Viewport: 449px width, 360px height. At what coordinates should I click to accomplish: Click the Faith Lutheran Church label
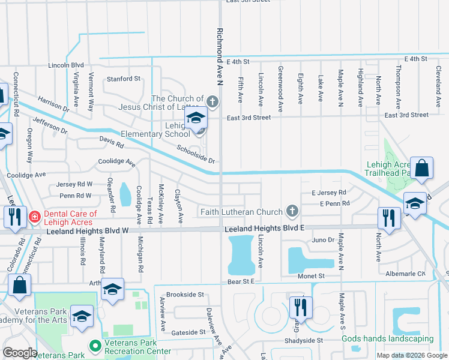pos(241,212)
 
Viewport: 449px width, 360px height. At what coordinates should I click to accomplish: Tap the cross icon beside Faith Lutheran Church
pos(292,211)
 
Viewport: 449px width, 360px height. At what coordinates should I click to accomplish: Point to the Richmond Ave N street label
pos(220,50)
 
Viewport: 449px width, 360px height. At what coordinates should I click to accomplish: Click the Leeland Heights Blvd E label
pos(265,229)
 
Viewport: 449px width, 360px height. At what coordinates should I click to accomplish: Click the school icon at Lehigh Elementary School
pos(196,119)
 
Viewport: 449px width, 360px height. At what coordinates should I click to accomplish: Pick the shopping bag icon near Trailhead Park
pos(422,169)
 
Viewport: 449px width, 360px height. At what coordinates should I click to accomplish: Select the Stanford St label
pos(123,79)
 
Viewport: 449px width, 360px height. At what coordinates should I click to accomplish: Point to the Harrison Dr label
pos(53,104)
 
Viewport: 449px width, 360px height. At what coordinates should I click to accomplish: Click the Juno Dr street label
pos(323,240)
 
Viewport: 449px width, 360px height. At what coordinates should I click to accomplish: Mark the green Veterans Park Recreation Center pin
pos(94,346)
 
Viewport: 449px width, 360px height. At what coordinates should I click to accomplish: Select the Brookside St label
pos(185,295)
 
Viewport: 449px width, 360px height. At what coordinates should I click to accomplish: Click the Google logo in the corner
pos(20,353)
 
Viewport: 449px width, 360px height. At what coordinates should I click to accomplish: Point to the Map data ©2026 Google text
pos(412,355)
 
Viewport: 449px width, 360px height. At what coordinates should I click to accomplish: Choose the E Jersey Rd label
pos(329,193)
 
